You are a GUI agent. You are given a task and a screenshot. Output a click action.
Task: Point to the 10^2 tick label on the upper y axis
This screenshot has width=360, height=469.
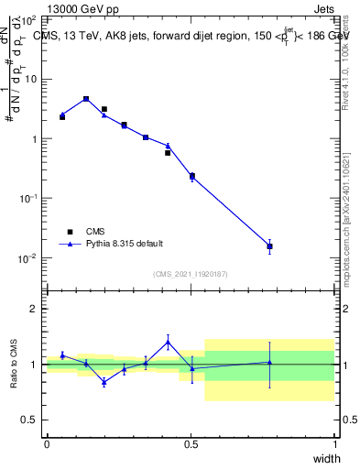(x=28, y=19)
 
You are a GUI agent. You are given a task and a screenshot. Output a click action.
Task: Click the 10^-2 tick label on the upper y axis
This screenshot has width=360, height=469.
(x=28, y=258)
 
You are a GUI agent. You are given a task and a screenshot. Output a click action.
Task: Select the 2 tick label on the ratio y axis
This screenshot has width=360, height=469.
(x=32, y=309)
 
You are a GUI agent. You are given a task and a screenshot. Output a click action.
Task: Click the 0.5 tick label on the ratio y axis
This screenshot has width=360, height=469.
(x=28, y=420)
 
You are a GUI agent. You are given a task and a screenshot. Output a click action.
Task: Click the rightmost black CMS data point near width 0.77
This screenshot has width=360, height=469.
(x=269, y=246)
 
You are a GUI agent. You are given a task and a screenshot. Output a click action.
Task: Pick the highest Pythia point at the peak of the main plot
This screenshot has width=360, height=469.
(x=86, y=98)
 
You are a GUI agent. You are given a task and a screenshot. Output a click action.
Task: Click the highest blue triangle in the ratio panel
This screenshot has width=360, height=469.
(x=168, y=342)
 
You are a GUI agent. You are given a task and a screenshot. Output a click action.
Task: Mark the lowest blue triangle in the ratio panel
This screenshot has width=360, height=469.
(x=104, y=382)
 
